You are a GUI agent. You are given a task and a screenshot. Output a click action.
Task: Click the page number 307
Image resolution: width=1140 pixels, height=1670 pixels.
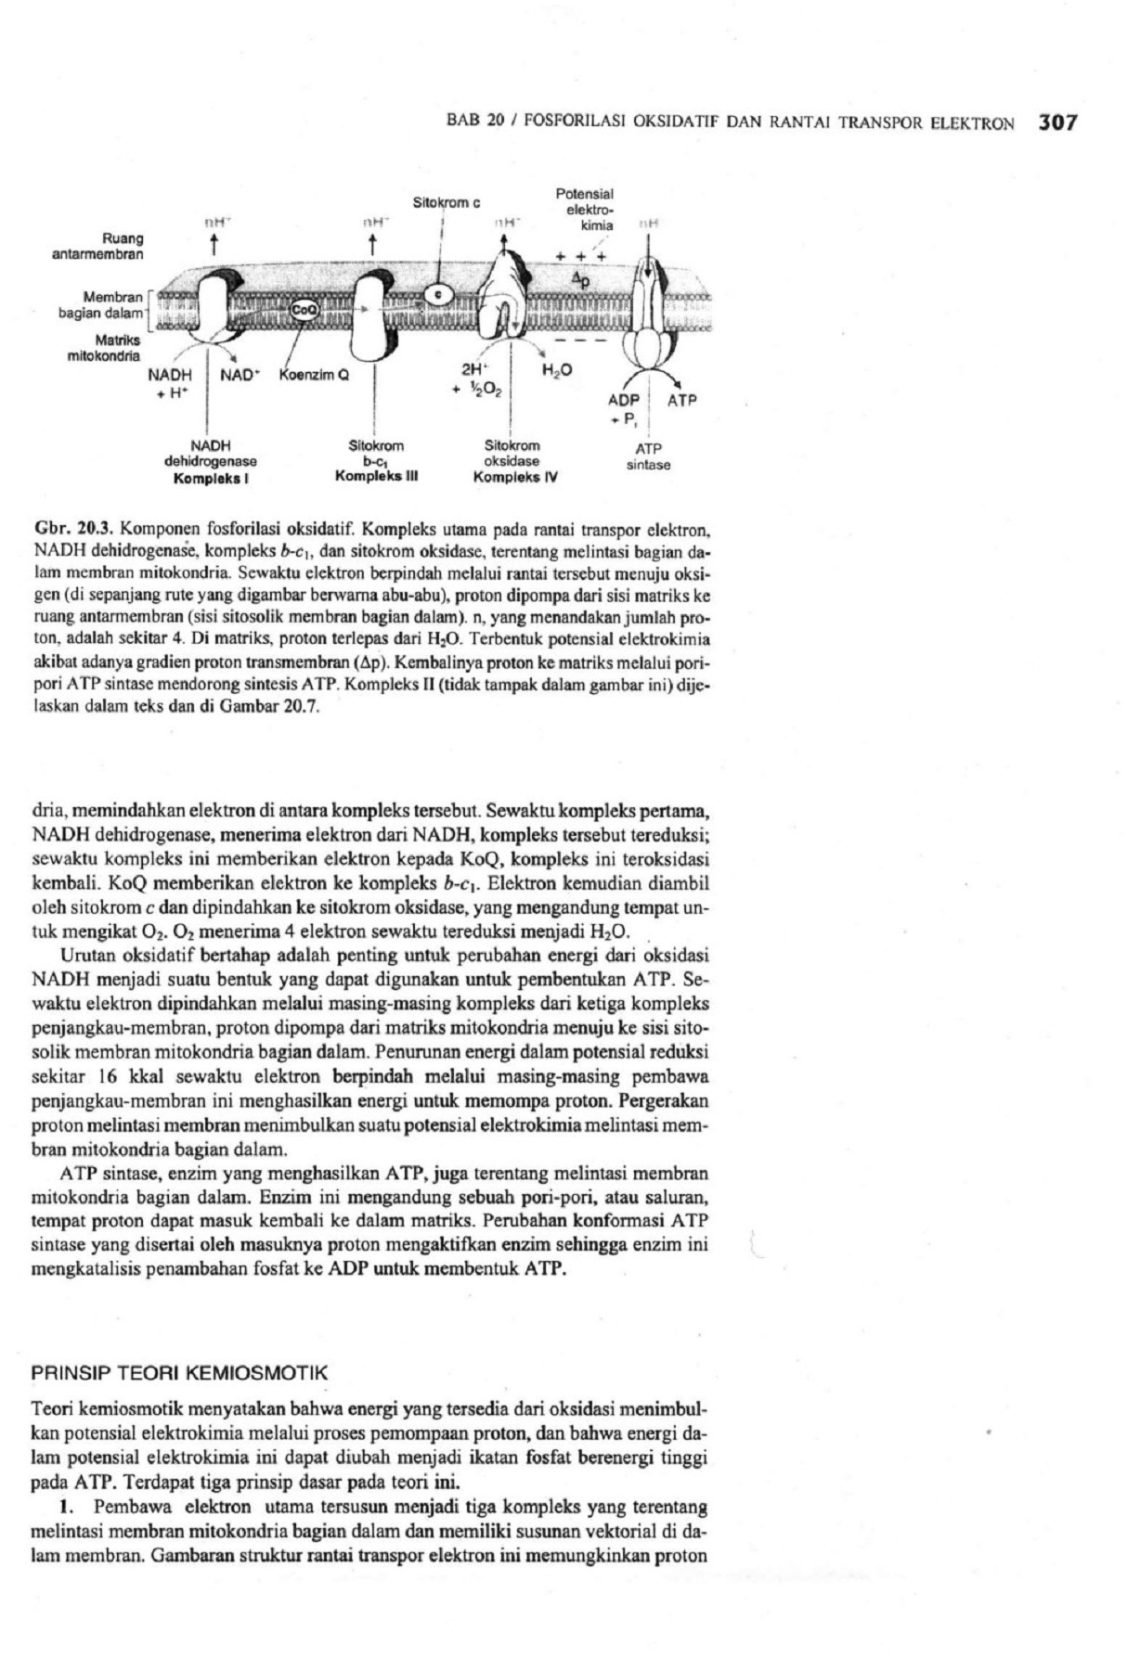[1056, 122]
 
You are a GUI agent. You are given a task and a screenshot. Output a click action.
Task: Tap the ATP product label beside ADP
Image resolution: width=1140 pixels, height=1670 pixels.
[681, 401]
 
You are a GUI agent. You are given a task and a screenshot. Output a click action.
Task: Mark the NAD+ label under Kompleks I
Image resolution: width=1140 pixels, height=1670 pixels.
[240, 376]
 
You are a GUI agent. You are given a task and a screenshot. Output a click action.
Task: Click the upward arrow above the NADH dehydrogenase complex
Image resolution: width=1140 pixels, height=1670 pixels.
[214, 245]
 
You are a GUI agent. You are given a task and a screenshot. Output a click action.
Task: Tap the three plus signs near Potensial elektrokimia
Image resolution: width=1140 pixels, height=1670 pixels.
[582, 256]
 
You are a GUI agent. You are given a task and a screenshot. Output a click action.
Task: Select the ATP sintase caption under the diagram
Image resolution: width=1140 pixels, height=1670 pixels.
[648, 457]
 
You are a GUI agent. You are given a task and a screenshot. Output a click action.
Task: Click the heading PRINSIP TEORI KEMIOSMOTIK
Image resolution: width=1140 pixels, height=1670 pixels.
[180, 1372]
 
